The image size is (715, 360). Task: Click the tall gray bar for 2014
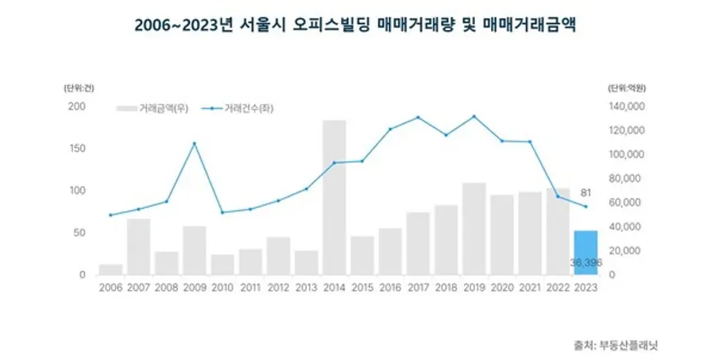pyautogui.click(x=334, y=199)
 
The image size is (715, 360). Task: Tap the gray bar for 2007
pyautogui.click(x=139, y=246)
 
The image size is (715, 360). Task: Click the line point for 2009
pyautogui.click(x=195, y=143)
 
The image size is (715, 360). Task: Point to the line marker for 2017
pyautogui.click(x=418, y=118)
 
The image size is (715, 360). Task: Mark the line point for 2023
pyautogui.click(x=586, y=207)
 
